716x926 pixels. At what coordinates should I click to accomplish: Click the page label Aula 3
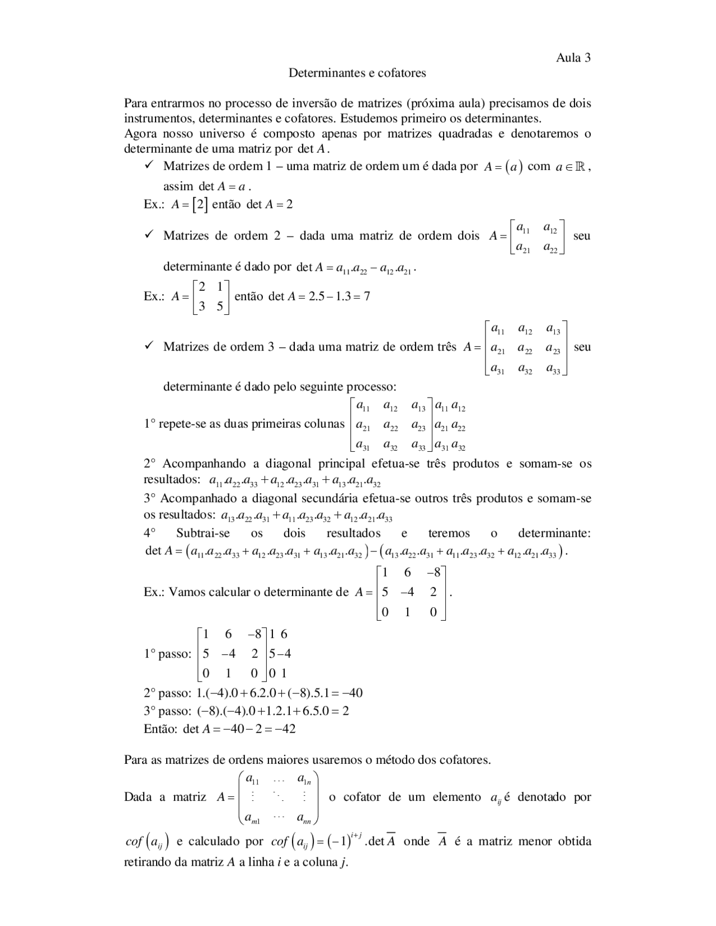coord(573,58)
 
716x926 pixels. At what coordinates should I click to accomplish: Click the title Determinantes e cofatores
coord(357,73)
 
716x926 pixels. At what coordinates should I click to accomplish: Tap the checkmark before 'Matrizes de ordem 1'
coord(149,166)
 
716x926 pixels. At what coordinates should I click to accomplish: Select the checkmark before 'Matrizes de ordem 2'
coord(149,235)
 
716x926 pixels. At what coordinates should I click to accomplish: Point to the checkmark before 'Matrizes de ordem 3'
coord(149,346)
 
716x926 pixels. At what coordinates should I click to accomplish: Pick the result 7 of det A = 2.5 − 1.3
coord(366,296)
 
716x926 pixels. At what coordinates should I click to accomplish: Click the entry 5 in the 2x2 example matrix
coord(220,306)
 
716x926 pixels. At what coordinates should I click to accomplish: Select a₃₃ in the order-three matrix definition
coord(553,369)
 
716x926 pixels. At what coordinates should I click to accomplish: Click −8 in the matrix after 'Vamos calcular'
coord(433,573)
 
